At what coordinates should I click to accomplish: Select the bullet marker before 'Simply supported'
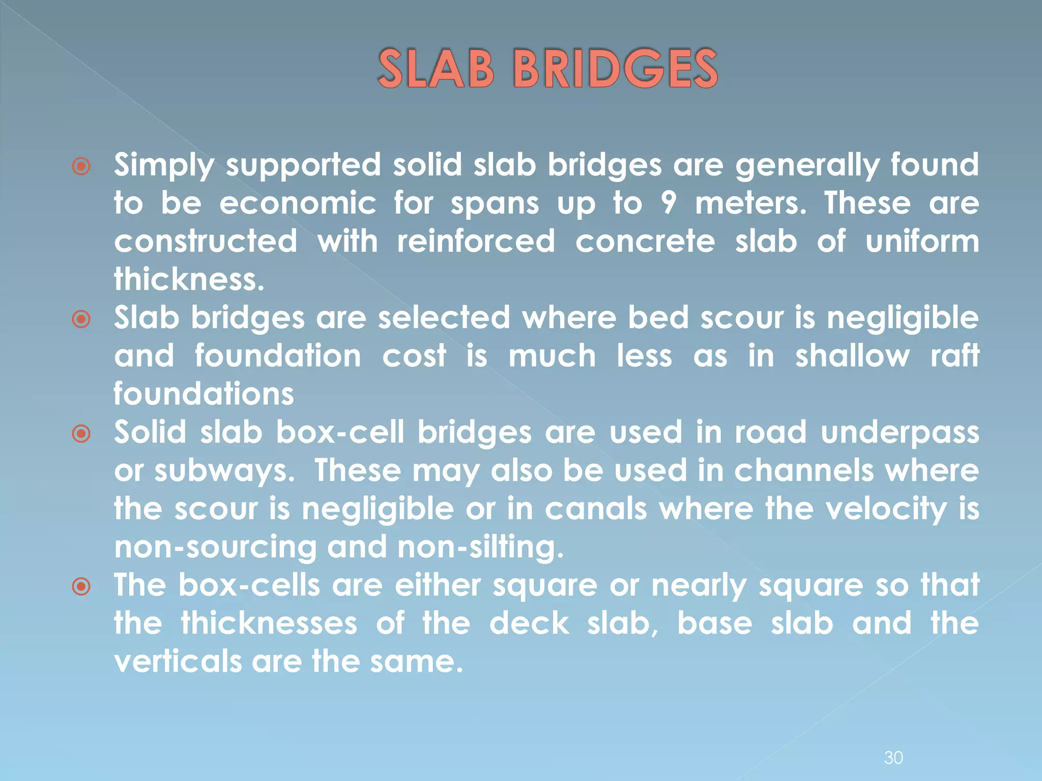pos(81,166)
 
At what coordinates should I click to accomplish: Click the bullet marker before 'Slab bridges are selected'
pos(81,319)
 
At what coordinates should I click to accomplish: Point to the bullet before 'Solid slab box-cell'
pos(81,434)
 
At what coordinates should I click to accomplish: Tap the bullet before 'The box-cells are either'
pos(81,587)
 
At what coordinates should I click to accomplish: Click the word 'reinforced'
pos(476,241)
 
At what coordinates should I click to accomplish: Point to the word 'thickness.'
pos(189,279)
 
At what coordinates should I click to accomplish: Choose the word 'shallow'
pos(852,355)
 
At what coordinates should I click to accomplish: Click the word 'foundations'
pos(204,394)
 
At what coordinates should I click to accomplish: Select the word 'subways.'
pos(224,470)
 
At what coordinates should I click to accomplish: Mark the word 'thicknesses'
pos(269,623)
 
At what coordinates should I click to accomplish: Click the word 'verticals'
pos(178,662)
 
